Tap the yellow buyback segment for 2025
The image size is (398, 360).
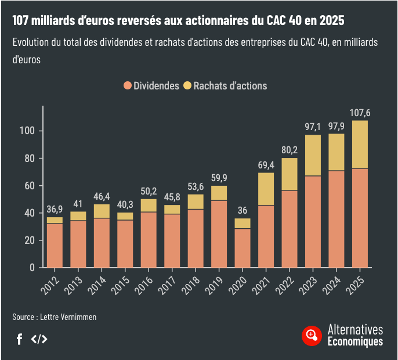(x=360, y=144)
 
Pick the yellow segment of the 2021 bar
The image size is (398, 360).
(x=266, y=189)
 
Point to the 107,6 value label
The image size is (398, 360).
(x=360, y=113)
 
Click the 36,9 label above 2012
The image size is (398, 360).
(x=55, y=209)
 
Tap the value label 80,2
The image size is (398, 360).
(x=290, y=150)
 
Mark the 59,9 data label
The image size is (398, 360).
(x=219, y=178)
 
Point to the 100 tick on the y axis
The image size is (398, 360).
(x=27, y=131)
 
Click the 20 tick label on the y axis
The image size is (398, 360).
(x=30, y=240)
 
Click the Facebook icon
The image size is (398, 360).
(x=19, y=339)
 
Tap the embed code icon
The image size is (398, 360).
(x=39, y=339)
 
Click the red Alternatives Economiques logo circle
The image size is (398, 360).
(x=312, y=336)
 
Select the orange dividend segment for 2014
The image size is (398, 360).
(x=102, y=243)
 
